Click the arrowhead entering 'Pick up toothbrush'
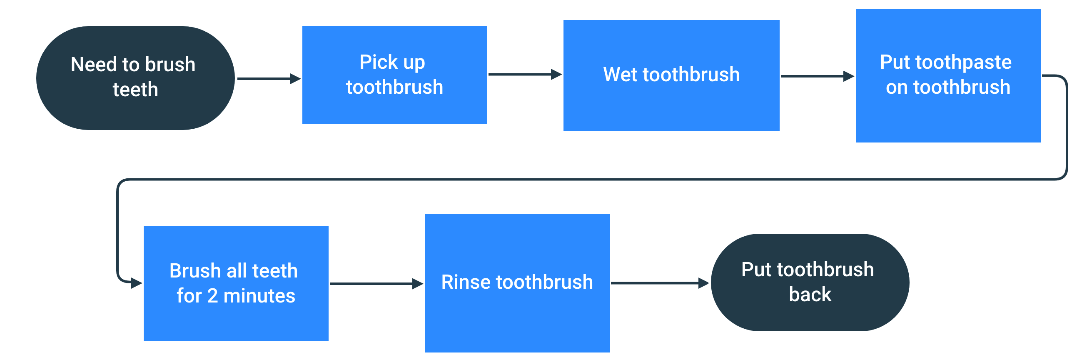[x=295, y=79]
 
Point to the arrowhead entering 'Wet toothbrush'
[x=556, y=75]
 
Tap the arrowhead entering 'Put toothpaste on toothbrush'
[x=849, y=77]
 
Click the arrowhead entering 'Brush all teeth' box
[x=137, y=283]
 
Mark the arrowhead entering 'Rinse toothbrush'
[x=417, y=284]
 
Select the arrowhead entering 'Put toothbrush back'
[x=704, y=283]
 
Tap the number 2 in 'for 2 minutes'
[x=212, y=296]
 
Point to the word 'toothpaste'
[x=963, y=62]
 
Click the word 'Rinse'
[x=466, y=282]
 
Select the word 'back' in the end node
[x=810, y=295]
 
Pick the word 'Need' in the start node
[x=94, y=65]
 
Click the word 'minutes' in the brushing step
[x=259, y=296]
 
